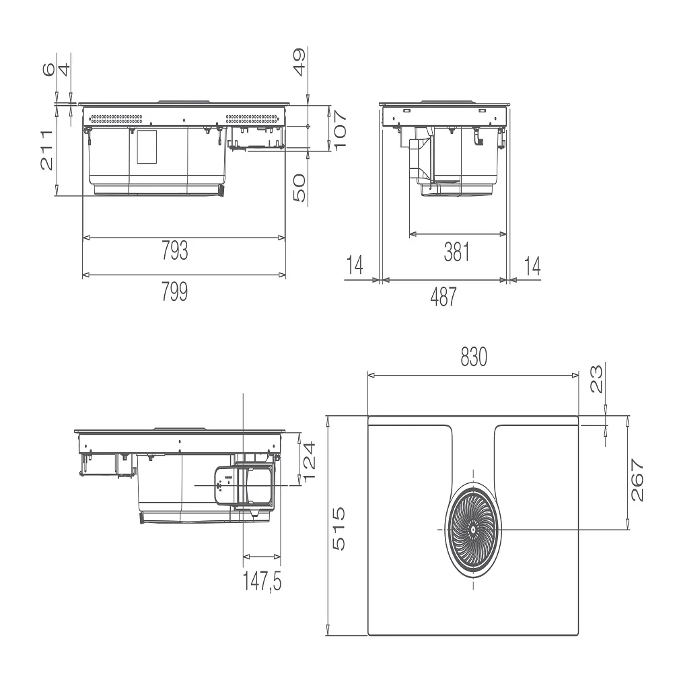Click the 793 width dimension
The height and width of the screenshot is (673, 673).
point(175,250)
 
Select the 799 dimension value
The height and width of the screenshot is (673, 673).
point(175,291)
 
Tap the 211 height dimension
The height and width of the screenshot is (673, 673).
point(47,150)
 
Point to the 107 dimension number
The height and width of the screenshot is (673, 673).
point(339,130)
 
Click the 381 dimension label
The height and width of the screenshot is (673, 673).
point(457,252)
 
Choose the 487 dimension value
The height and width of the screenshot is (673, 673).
point(444,297)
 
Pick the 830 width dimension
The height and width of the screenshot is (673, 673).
point(474,357)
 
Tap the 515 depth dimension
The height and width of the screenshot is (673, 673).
point(339,529)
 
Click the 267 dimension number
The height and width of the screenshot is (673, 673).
point(637,480)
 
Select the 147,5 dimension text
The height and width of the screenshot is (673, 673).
point(262,581)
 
